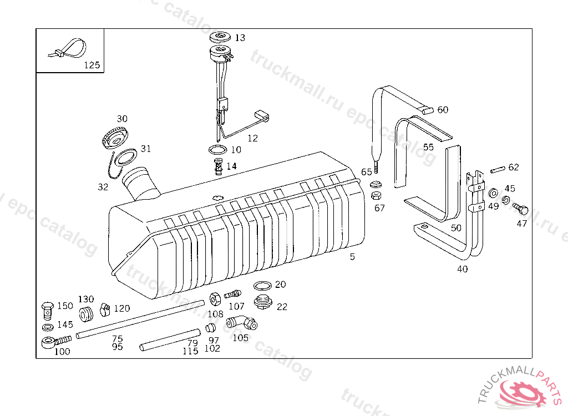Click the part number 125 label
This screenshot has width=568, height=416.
92,65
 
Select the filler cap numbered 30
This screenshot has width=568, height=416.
115,136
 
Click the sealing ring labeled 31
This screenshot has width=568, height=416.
127,157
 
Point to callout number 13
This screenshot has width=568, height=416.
240,38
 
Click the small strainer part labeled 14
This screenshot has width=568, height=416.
219,166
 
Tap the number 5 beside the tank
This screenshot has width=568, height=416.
352,257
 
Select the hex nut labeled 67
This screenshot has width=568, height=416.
376,196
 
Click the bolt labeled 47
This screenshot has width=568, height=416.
521,210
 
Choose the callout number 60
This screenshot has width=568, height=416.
443,110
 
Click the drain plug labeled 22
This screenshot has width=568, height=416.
262,303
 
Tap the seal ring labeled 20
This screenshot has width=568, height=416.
262,286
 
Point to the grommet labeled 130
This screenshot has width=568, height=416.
86,314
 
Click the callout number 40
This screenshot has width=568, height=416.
462,270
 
